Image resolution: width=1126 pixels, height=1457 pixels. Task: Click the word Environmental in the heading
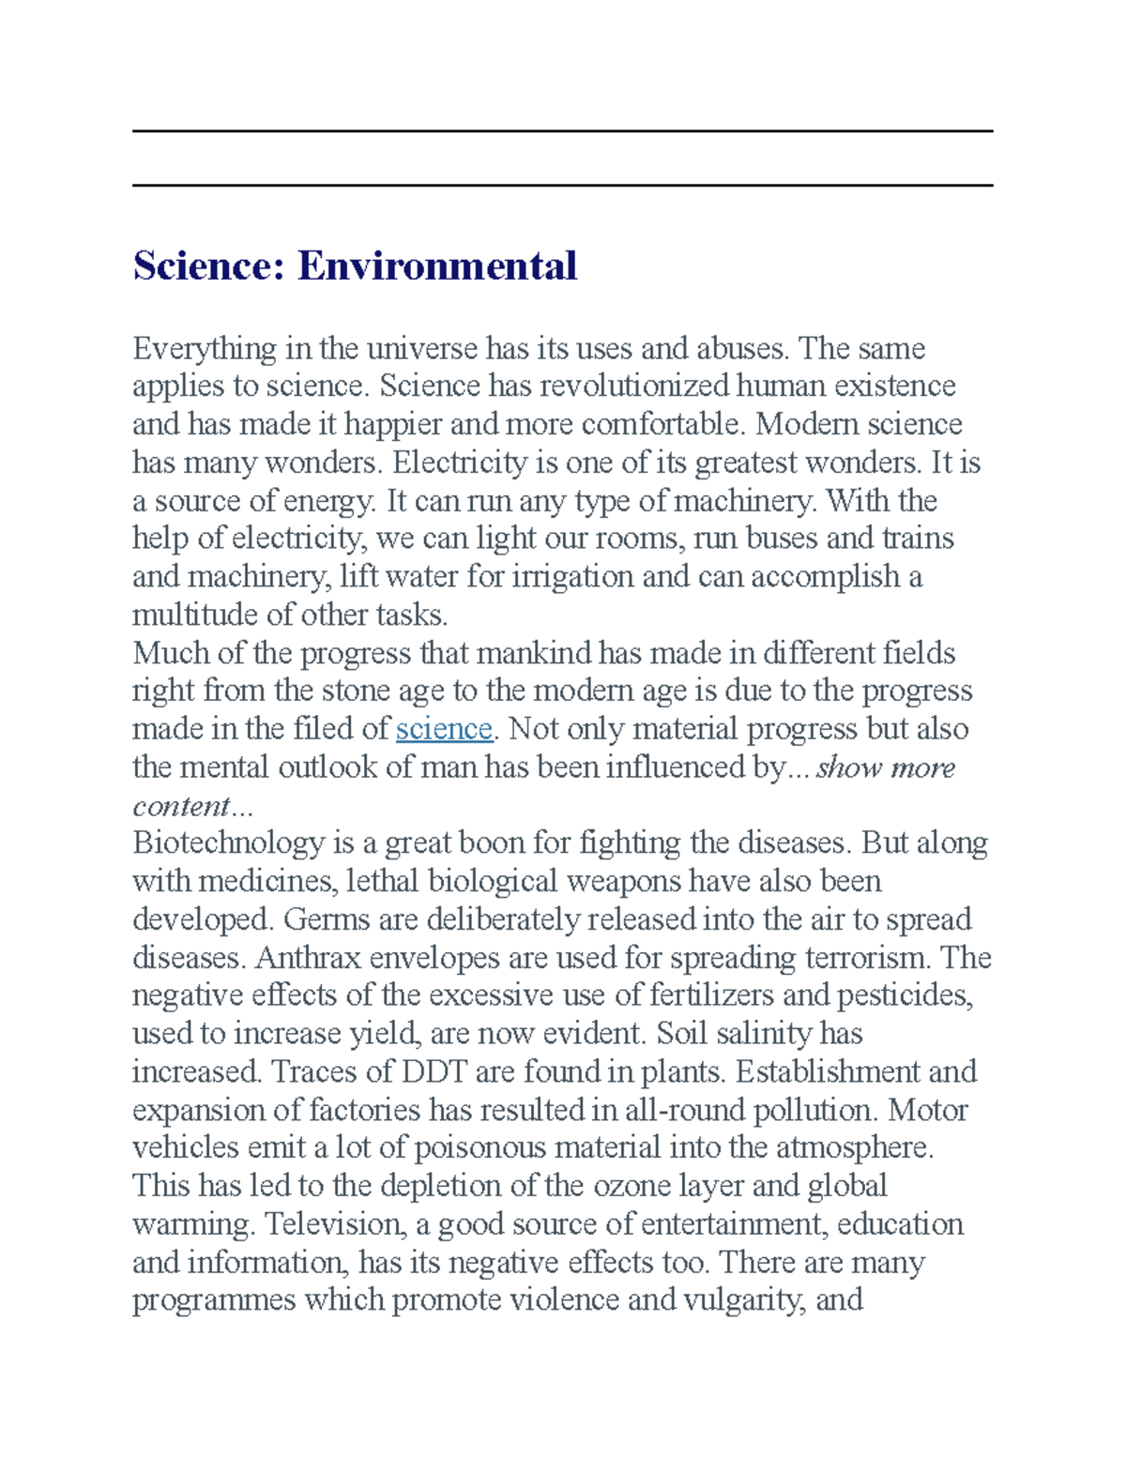click(437, 266)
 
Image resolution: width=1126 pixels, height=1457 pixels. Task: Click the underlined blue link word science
click(444, 729)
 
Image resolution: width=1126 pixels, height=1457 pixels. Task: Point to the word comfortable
click(664, 425)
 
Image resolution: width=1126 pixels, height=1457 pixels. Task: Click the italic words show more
click(886, 767)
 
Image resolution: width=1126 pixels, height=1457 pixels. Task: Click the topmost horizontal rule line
click(563, 131)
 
